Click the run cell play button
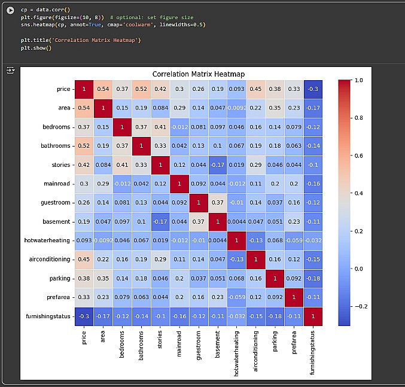point(10,10)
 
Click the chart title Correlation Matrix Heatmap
point(198,74)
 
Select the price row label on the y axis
point(62,89)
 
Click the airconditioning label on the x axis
point(256,351)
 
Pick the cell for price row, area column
point(103,89)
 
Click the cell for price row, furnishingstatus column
point(313,89)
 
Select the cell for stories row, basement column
point(217,165)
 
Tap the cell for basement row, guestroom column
point(198,222)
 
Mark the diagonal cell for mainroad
point(179,184)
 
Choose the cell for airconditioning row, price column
point(84,260)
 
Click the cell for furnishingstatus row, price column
point(84,316)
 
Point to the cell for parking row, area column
point(103,279)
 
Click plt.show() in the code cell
point(36,48)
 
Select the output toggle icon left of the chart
point(10,71)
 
